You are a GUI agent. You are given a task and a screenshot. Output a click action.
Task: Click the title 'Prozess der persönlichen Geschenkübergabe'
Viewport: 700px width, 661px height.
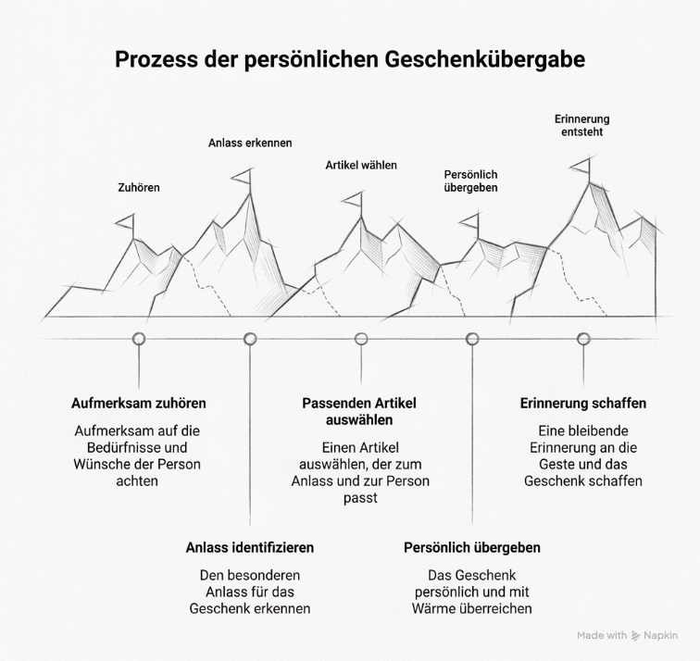click(350, 59)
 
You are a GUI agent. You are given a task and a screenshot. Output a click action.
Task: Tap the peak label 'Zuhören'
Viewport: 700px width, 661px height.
click(139, 187)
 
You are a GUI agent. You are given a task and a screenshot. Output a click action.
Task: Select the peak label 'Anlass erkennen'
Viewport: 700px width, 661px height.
click(250, 143)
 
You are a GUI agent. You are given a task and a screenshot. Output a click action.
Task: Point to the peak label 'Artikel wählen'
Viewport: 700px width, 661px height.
click(361, 165)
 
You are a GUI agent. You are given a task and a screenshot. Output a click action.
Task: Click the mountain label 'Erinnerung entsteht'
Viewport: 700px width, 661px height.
click(582, 125)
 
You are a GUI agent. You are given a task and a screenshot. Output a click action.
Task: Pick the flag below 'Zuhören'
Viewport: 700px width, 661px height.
click(126, 223)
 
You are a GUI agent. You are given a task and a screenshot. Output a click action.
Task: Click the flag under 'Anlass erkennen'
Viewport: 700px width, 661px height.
click(243, 178)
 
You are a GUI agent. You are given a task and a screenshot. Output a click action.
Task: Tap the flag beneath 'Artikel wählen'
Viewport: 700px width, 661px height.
click(354, 201)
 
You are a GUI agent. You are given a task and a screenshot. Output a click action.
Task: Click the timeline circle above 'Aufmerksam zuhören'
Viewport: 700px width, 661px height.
click(139, 339)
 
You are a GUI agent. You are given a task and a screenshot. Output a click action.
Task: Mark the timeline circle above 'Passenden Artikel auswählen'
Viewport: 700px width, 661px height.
click(361, 339)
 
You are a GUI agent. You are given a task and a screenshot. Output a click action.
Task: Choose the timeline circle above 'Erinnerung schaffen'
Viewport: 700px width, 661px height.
click(583, 339)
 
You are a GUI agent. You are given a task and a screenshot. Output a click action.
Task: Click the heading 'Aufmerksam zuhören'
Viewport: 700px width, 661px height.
click(139, 404)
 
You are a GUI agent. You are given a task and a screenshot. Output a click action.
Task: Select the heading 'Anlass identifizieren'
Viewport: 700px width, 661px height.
click(250, 548)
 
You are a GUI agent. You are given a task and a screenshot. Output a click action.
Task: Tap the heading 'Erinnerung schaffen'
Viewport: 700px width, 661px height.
click(583, 404)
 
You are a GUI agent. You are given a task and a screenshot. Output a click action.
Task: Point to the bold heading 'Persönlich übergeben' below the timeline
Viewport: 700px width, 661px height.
click(472, 548)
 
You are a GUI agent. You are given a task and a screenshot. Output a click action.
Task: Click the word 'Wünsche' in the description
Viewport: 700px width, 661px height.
click(99, 464)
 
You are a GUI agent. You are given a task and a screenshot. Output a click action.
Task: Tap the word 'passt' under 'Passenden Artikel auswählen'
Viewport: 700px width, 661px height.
click(361, 498)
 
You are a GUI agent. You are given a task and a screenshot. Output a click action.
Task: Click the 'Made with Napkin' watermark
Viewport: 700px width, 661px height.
click(627, 636)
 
